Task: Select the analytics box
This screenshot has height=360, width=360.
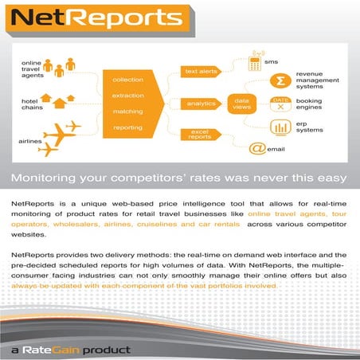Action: [201, 104]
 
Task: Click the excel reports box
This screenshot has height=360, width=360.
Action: [201, 135]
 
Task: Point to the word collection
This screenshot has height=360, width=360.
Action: [127, 80]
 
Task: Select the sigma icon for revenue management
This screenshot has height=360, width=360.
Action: [279, 81]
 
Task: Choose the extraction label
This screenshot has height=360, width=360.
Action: [127, 96]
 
